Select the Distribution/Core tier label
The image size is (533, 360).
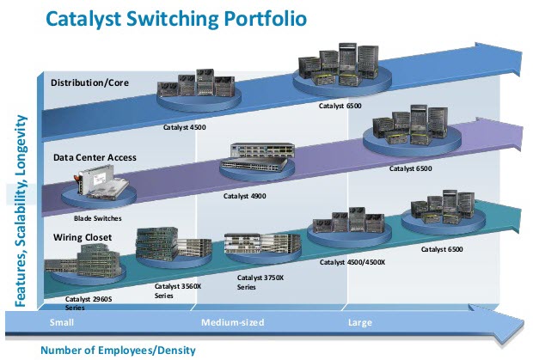point(91,82)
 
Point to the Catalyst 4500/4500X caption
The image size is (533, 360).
point(352,262)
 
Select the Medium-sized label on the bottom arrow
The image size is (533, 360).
point(232,323)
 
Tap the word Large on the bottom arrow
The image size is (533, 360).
point(359,323)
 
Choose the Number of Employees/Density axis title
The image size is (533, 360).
point(118,349)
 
